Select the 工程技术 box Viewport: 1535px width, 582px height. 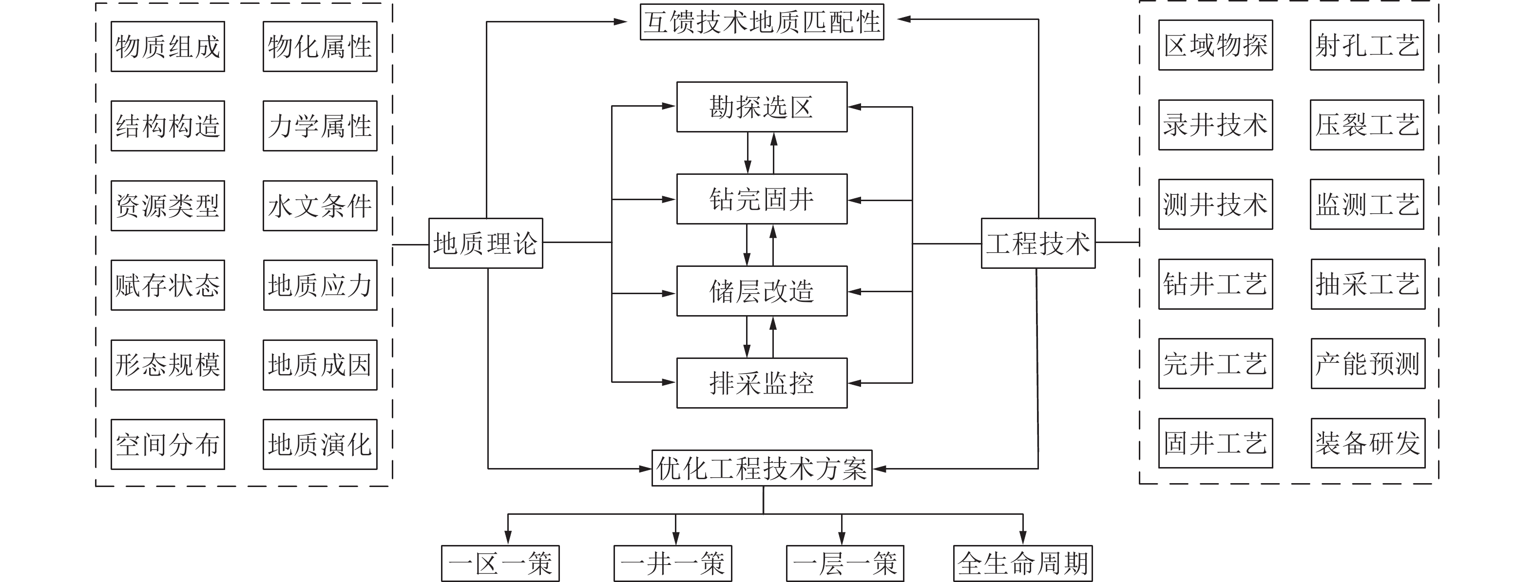click(1037, 243)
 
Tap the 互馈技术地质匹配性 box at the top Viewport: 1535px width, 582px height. click(762, 22)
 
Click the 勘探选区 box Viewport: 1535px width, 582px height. click(762, 107)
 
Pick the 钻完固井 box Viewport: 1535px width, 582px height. click(762, 199)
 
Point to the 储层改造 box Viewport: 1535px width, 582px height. click(762, 291)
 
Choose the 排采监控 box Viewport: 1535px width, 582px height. click(762, 382)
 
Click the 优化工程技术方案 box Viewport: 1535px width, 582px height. click(762, 468)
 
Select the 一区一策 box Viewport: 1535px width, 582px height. click(500, 563)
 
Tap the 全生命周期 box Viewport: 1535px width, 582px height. click(1022, 563)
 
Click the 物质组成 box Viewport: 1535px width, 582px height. click(168, 46)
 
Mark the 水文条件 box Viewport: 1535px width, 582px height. click(320, 206)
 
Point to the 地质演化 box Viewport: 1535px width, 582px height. click(320, 444)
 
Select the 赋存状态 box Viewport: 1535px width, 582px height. click(168, 285)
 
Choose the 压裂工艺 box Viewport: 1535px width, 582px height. click(1366, 125)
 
